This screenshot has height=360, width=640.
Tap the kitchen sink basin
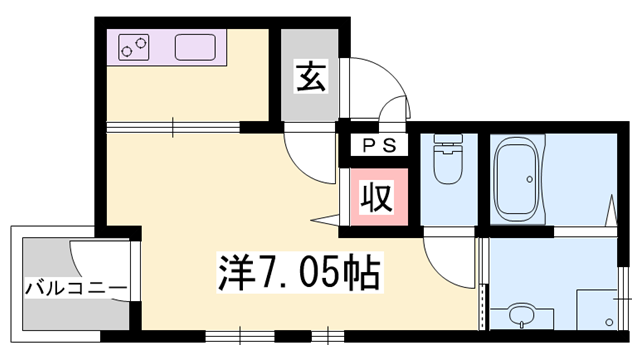tap(197, 46)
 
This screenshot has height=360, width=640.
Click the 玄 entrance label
tap(310, 77)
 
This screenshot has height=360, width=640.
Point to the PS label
tap(379, 145)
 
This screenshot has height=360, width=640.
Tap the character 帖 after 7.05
tap(360, 269)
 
